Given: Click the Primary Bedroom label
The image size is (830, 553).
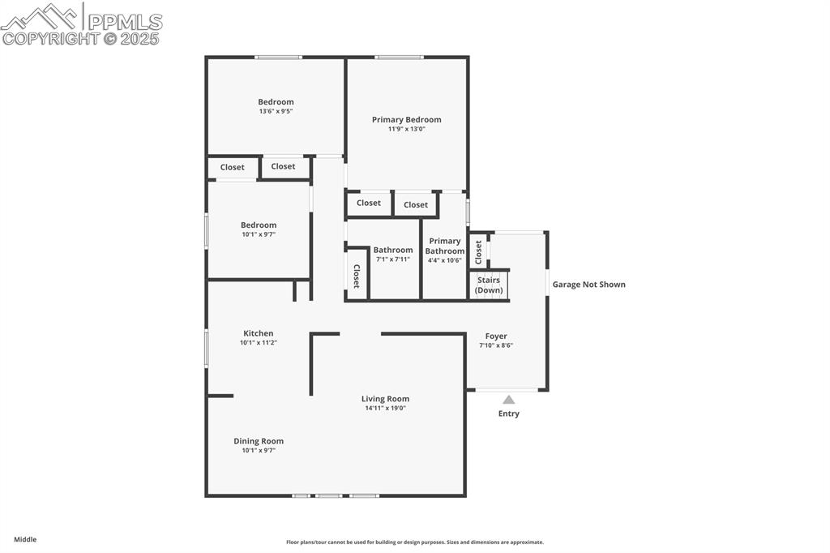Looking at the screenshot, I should pyautogui.click(x=406, y=120).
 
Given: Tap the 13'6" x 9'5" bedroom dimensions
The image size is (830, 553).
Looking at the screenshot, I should pyautogui.click(x=276, y=111).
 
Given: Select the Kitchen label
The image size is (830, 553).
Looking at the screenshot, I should pyautogui.click(x=259, y=333).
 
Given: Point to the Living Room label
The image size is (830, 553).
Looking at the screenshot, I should pyautogui.click(x=385, y=399).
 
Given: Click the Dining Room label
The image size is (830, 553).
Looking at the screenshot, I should pyautogui.click(x=259, y=441).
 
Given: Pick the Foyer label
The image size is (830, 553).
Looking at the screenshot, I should pyautogui.click(x=496, y=337).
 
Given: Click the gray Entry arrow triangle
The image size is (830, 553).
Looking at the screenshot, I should pyautogui.click(x=508, y=400).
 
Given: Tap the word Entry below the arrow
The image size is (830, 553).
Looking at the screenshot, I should pyautogui.click(x=508, y=414).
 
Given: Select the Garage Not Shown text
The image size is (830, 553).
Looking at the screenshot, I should pyautogui.click(x=588, y=285).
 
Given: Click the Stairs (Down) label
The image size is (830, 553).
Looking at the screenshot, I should pyautogui.click(x=489, y=285).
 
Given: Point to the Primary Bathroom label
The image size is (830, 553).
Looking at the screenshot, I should pyautogui.click(x=444, y=246).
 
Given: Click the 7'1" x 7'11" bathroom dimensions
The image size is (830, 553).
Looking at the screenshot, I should pyautogui.click(x=393, y=259).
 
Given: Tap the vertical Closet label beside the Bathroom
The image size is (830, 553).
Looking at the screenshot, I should pyautogui.click(x=356, y=276).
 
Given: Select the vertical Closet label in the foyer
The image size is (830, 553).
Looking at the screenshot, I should pyautogui.click(x=478, y=252).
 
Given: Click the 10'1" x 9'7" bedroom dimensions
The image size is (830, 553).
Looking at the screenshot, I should pyautogui.click(x=259, y=234).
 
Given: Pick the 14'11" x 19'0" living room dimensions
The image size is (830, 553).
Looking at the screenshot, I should pyautogui.click(x=385, y=408).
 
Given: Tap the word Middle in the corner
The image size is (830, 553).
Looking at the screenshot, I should pyautogui.click(x=25, y=539).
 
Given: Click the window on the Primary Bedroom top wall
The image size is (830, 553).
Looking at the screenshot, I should pyautogui.click(x=399, y=57).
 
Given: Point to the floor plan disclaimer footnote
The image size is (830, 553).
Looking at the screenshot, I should pyautogui.click(x=414, y=542).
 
